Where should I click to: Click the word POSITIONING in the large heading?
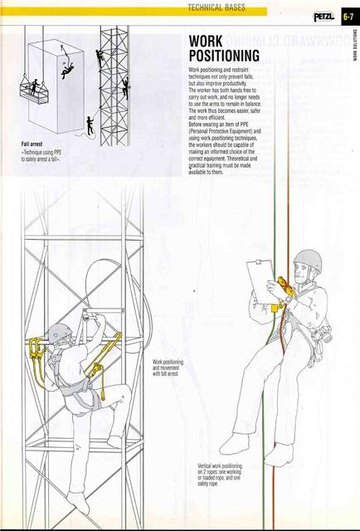(x=224, y=56)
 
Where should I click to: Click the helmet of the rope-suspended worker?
(x=306, y=261)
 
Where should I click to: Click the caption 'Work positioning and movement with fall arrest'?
(x=168, y=368)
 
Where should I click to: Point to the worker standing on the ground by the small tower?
(x=90, y=125)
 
